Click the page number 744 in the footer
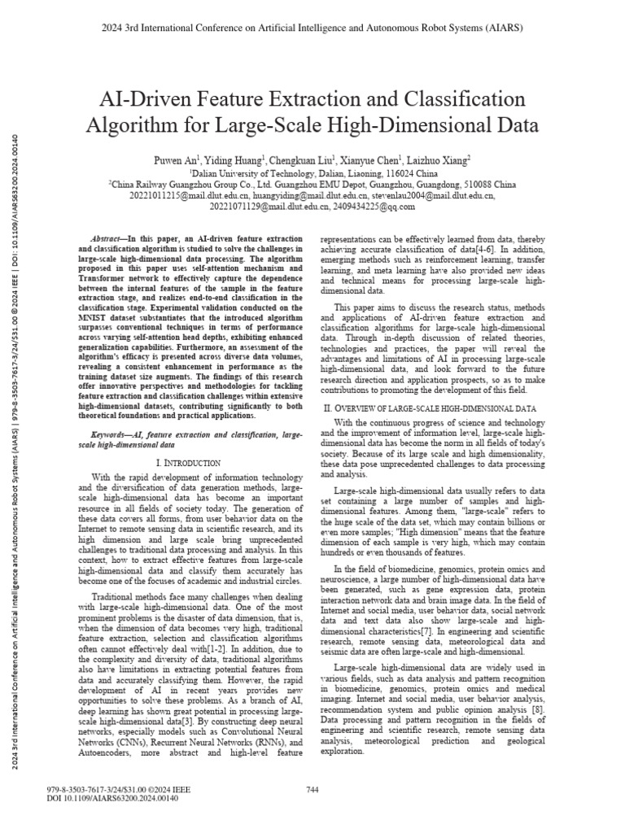(312, 790)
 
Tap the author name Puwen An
(175, 162)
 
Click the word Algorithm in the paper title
(135, 127)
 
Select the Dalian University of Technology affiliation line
(312, 173)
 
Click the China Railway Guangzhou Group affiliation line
(312, 185)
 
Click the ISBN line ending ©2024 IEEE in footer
(119, 790)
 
